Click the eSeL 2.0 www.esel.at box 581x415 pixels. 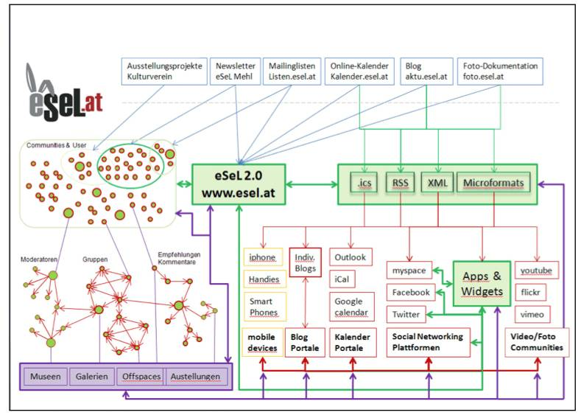point(239,184)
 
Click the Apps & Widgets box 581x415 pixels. point(481,284)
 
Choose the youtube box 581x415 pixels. point(536,271)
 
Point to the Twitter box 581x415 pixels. point(406,314)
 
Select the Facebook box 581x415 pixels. point(410,292)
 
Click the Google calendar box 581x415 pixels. point(349,308)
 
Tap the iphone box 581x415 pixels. point(262,257)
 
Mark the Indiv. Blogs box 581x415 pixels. point(305,262)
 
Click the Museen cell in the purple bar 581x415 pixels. point(46,377)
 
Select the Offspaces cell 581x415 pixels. point(141,377)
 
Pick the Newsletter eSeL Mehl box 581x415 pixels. point(236,71)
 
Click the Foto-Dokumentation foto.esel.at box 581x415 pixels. point(501,71)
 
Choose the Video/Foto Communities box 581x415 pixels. point(537,342)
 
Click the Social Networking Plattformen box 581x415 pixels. point(427,342)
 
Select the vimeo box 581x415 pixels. point(532,314)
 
